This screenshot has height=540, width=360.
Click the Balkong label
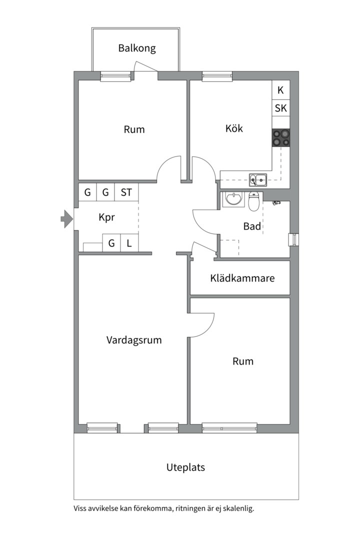click(137, 48)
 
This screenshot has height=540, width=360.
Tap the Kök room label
click(234, 128)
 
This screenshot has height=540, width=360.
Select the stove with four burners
click(281, 138)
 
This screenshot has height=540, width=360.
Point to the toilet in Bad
click(253, 201)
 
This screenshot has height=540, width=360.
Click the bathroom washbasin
click(233, 199)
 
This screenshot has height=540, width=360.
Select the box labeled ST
click(126, 192)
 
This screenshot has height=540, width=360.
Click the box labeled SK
click(281, 108)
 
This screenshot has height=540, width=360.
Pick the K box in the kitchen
click(281, 90)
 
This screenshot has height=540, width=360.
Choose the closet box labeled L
click(129, 243)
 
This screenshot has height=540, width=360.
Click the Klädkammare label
click(242, 278)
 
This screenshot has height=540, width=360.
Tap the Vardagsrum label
click(134, 340)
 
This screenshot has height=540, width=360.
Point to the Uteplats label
click(185, 467)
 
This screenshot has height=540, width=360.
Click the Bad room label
click(252, 226)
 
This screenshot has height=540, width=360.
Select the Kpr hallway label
click(106, 217)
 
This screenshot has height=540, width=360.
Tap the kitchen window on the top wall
click(217, 76)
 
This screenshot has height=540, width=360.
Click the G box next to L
click(111, 243)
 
